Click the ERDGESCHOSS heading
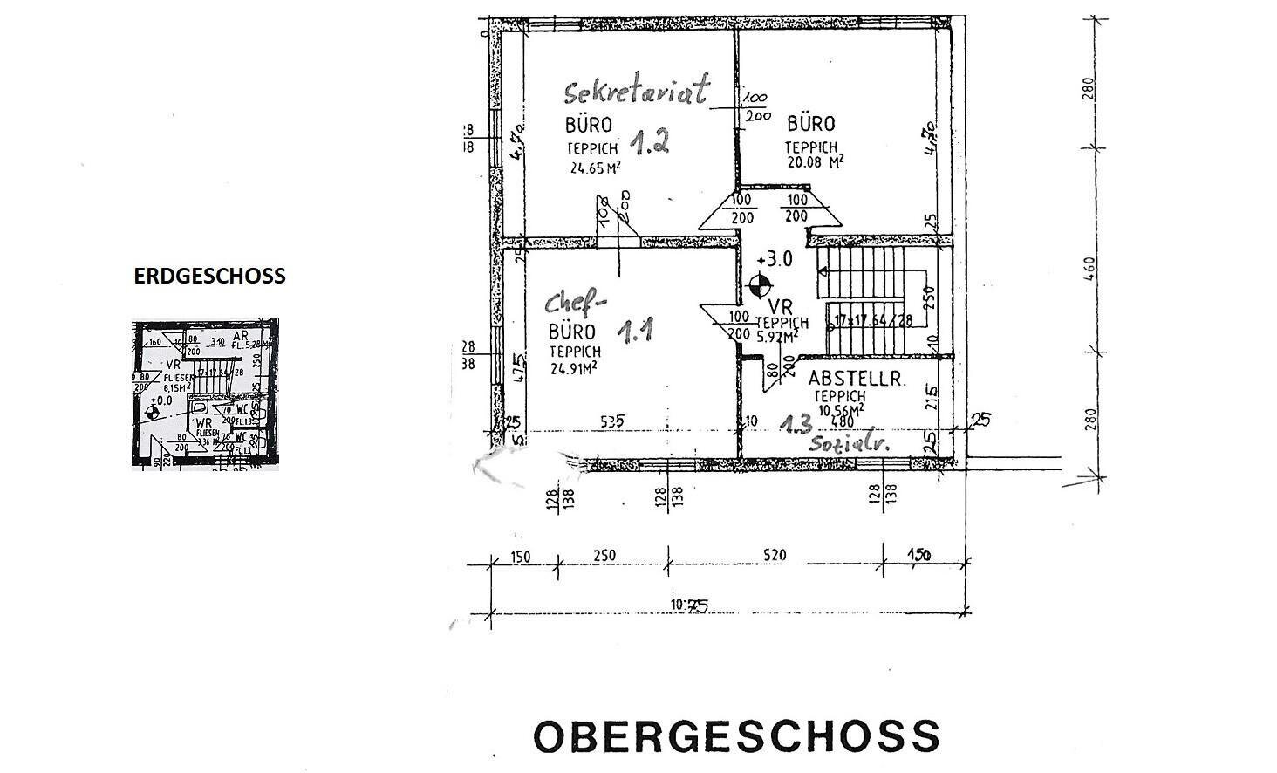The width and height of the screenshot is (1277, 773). pyautogui.click(x=209, y=276)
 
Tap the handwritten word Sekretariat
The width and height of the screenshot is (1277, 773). pyautogui.click(x=637, y=90)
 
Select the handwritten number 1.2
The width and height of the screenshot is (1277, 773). pyautogui.click(x=650, y=141)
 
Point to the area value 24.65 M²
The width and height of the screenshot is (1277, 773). pyautogui.click(x=595, y=169)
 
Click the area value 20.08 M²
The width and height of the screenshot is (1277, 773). pyautogui.click(x=813, y=161)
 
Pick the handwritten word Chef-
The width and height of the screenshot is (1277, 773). pyautogui.click(x=575, y=304)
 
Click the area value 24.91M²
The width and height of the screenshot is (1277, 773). pyautogui.click(x=573, y=367)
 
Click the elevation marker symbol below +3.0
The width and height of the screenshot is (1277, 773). pyautogui.click(x=761, y=284)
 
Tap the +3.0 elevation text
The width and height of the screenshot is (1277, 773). pyautogui.click(x=775, y=259)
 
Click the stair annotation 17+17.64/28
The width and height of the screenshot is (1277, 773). pyautogui.click(x=873, y=320)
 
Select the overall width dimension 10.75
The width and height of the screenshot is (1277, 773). pyautogui.click(x=689, y=605)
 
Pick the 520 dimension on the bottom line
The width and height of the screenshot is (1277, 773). pyautogui.click(x=774, y=555)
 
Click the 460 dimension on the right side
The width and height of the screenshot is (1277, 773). pyautogui.click(x=1088, y=268)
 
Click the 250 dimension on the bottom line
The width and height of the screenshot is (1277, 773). pyautogui.click(x=604, y=555)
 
